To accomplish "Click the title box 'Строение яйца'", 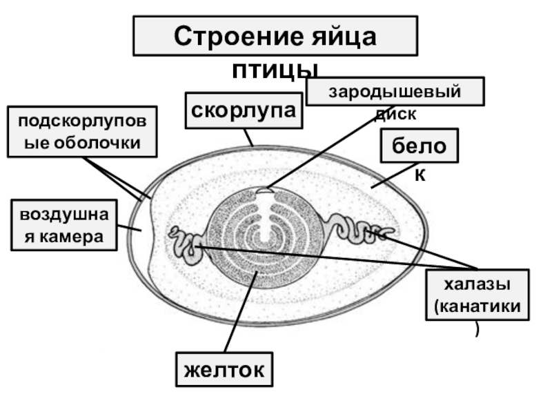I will pos(275,36).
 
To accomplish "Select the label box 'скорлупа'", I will pos(244,110).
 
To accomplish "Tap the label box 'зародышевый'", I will pos(394,91).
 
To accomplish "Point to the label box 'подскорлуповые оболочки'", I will pos(82,132).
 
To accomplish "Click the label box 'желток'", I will pos(225,369).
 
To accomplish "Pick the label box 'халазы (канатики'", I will pos(477,295).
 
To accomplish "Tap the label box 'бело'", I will pos(419,145).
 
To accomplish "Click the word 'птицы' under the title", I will pos(275,69).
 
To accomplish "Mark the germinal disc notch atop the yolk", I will pos(263,194).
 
